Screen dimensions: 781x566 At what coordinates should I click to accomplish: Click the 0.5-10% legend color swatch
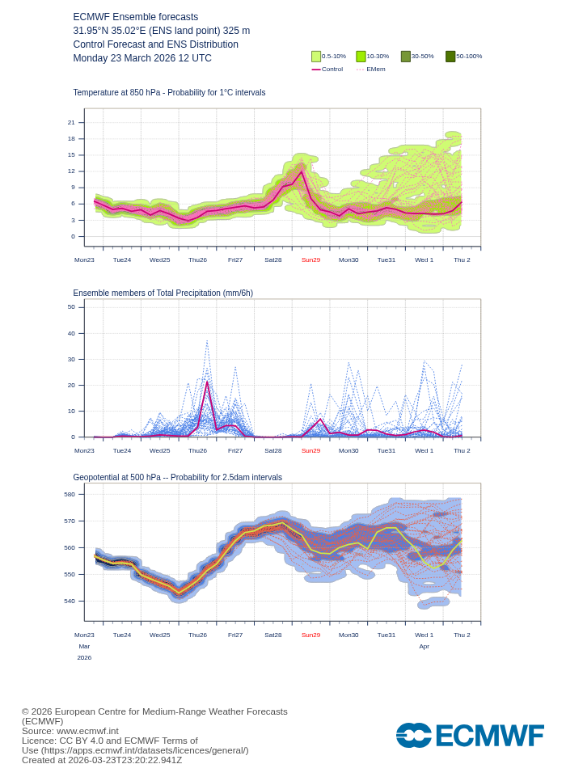coord(316,57)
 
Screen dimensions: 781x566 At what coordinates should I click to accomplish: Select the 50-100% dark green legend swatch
coord(450,57)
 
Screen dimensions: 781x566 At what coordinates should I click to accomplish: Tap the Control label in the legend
coord(332,70)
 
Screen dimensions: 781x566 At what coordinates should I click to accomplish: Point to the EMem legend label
coord(376,70)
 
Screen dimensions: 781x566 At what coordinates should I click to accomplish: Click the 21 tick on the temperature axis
coord(71,123)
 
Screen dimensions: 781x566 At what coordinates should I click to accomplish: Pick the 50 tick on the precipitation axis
coord(71,307)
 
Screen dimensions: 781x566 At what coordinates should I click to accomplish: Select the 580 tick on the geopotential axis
coord(70,495)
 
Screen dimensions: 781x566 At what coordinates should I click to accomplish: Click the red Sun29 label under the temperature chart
coord(310,260)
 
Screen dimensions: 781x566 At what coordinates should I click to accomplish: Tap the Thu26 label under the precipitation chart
coord(197,450)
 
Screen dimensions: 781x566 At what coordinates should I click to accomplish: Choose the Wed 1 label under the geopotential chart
coord(424,635)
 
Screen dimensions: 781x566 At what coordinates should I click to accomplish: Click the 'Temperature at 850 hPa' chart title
coord(169,93)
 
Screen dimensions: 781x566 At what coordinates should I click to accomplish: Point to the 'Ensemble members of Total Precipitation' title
coord(163,293)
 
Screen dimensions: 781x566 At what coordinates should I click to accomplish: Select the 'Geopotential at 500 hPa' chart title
coord(177,478)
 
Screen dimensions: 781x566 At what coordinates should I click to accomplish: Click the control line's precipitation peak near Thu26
coord(207,382)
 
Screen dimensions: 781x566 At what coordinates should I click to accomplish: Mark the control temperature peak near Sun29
coord(302,171)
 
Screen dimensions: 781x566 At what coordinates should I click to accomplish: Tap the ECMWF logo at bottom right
coord(470,736)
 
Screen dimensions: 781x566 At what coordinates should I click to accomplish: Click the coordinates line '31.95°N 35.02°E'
coord(161,31)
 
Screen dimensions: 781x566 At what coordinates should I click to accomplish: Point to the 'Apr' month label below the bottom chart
coord(424,647)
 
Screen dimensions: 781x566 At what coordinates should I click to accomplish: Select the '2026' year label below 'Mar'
coord(84,658)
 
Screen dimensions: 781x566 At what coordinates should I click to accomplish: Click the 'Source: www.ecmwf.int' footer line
coord(70,731)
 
